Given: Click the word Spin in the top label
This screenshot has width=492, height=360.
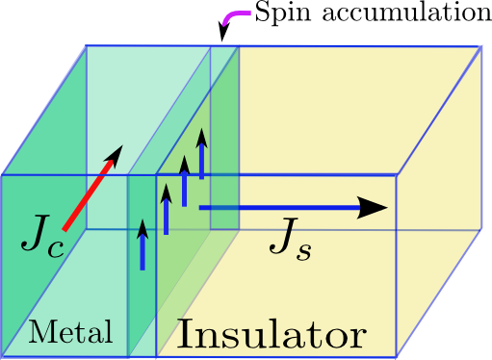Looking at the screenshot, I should click(281, 14).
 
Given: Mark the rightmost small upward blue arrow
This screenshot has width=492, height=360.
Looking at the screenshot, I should click(201, 154).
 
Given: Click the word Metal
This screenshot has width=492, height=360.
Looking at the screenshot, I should click(70, 332).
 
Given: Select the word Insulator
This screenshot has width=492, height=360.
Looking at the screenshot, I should click(271, 336).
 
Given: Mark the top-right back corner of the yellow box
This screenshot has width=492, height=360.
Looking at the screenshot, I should click(480, 46).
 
